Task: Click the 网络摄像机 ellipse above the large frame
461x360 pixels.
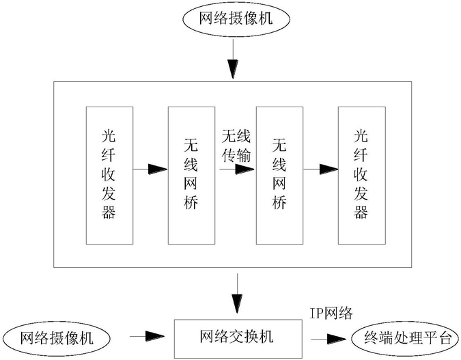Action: (236, 19)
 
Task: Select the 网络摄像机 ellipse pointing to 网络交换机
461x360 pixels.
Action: (56, 338)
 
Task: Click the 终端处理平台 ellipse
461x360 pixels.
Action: (406, 339)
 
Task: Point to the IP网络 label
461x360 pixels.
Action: (331, 314)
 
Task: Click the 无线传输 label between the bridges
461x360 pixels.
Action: (236, 146)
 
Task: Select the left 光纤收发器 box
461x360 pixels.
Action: (109, 176)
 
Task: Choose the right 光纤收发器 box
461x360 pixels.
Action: (361, 176)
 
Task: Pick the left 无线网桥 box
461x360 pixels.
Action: (191, 176)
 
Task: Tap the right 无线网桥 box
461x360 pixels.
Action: (279, 176)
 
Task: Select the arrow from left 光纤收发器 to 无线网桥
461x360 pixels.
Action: (150, 169)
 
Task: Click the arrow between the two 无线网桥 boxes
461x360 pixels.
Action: (237, 169)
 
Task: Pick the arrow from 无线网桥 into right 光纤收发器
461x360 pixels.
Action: (320, 169)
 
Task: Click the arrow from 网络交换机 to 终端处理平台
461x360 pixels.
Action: (329, 339)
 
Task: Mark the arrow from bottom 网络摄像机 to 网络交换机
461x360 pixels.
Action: (147, 336)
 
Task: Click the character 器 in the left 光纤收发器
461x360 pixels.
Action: (109, 212)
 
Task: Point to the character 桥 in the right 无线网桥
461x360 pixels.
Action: (279, 202)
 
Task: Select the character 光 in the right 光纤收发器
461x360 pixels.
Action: (361, 137)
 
